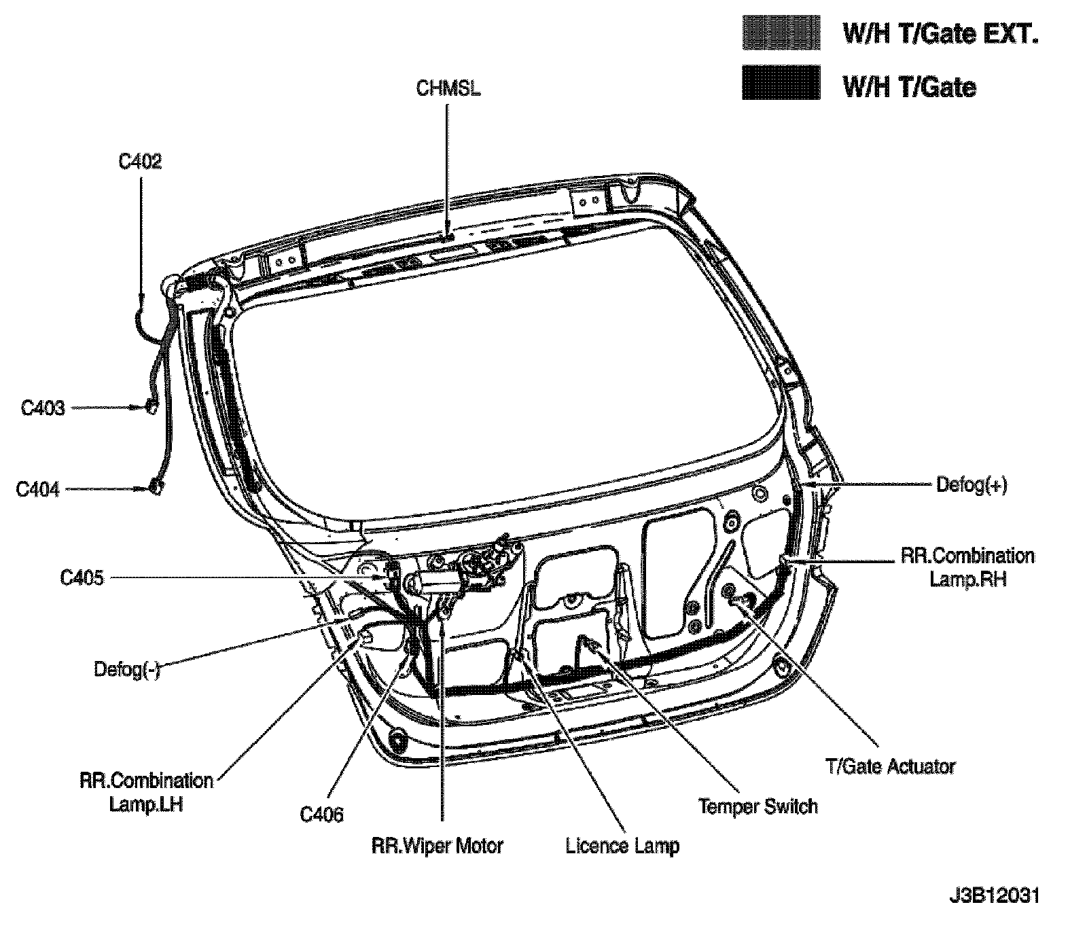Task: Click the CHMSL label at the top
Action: click(448, 89)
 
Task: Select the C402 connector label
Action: click(140, 162)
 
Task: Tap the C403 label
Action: click(43, 408)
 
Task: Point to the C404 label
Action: click(38, 489)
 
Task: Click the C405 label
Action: click(82, 578)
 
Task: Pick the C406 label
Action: click(322, 814)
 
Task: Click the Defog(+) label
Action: click(972, 485)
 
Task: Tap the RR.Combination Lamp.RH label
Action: click(967, 567)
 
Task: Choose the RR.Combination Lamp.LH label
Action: click(147, 792)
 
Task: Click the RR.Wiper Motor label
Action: click(438, 846)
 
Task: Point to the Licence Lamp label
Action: click(622, 846)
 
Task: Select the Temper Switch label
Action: click(758, 806)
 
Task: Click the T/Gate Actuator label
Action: click(891, 766)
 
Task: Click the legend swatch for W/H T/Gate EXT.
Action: click(781, 33)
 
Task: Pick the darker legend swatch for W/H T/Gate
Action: click(781, 83)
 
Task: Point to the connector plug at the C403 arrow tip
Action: click(151, 407)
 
